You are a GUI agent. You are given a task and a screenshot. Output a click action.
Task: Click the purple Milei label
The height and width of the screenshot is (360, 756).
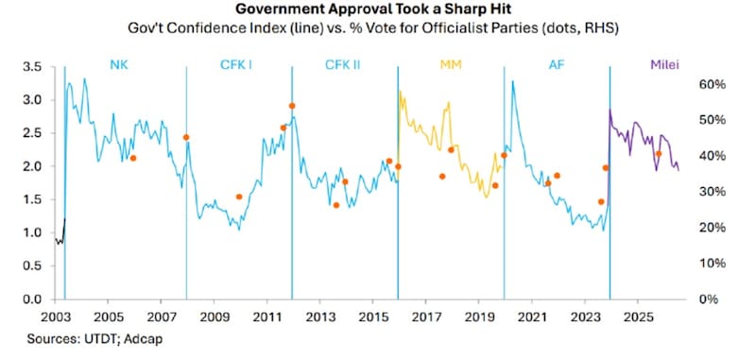pyautogui.click(x=664, y=64)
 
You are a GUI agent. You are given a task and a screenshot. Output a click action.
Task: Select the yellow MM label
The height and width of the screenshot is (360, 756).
pyautogui.click(x=451, y=64)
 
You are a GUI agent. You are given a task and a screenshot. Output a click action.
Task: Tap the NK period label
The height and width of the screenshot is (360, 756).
pyautogui.click(x=119, y=64)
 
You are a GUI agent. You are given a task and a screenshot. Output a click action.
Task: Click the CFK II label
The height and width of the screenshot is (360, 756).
pyautogui.click(x=343, y=64)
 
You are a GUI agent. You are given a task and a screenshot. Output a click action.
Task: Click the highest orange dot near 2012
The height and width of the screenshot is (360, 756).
pyautogui.click(x=292, y=106)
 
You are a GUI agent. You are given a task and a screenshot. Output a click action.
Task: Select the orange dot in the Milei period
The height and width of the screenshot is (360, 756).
pyautogui.click(x=659, y=154)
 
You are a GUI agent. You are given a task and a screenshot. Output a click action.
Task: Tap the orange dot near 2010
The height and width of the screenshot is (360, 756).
pyautogui.click(x=239, y=197)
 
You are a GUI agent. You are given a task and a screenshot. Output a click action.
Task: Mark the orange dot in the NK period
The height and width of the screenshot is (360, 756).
pyautogui.click(x=133, y=158)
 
